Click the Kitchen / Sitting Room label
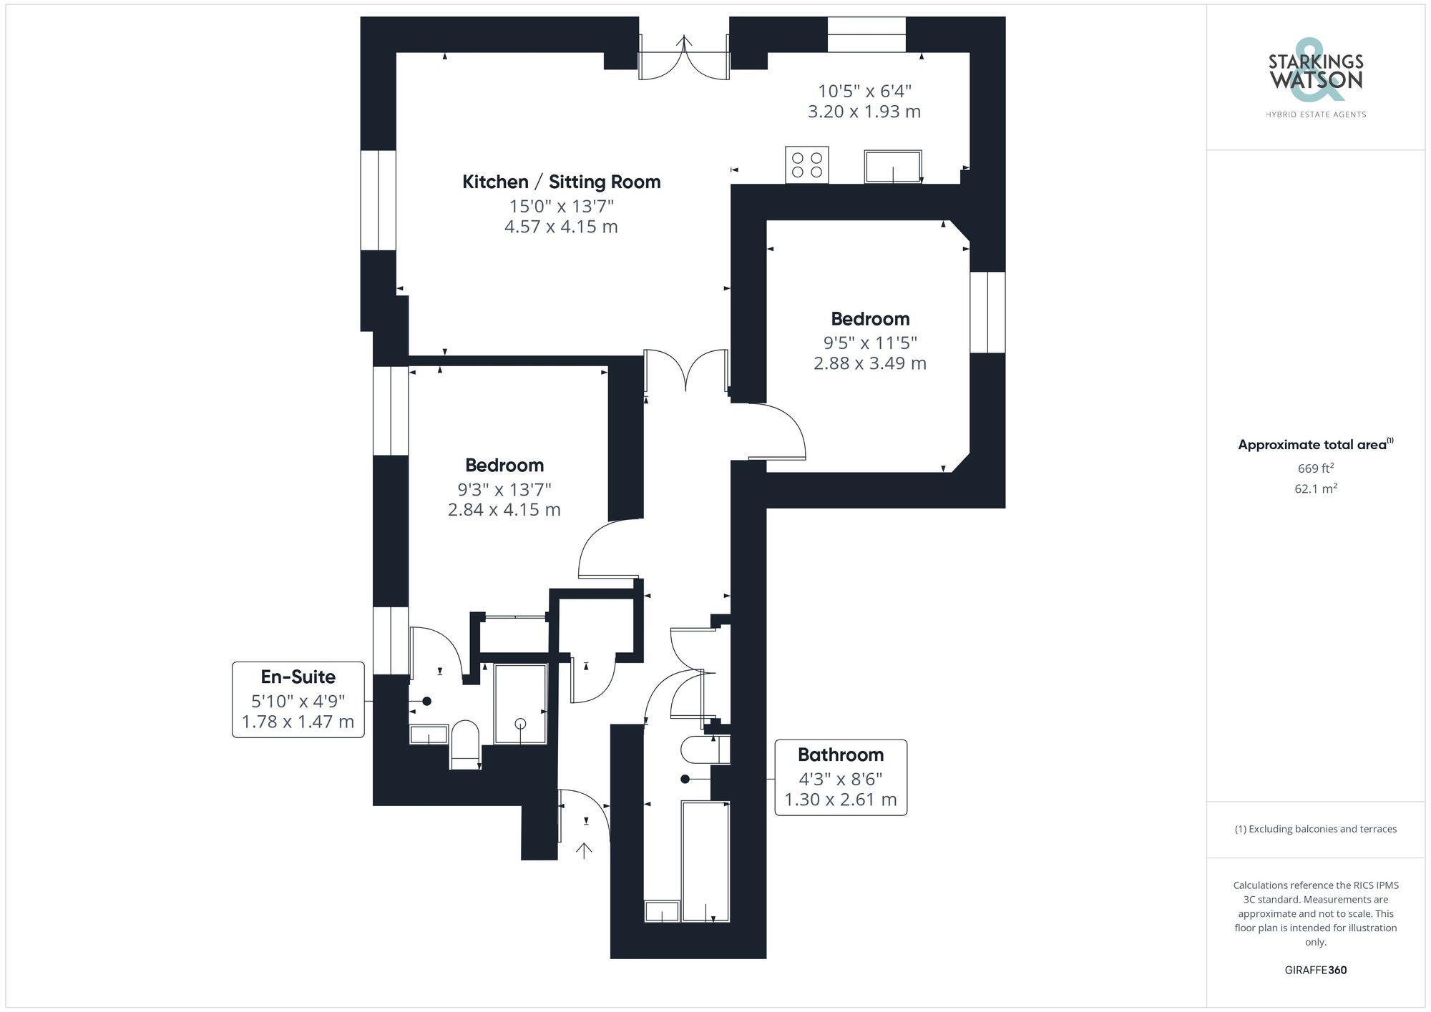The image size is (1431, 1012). [561, 182]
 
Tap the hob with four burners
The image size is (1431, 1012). [806, 164]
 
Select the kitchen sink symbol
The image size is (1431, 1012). [892, 166]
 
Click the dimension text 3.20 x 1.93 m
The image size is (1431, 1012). [864, 112]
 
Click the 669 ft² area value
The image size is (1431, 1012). [1315, 468]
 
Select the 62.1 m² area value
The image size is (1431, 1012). [1315, 489]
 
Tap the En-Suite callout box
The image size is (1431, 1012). [298, 699]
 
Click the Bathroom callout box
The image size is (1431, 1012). [840, 777]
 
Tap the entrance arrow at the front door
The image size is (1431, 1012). [585, 850]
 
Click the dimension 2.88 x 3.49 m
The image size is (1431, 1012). [869, 363]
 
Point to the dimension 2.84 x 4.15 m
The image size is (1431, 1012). [504, 510]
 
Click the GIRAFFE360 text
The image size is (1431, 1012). [1315, 970]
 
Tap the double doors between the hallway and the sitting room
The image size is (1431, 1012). [685, 370]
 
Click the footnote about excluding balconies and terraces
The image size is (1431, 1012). [1315, 829]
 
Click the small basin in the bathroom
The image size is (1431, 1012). [662, 911]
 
